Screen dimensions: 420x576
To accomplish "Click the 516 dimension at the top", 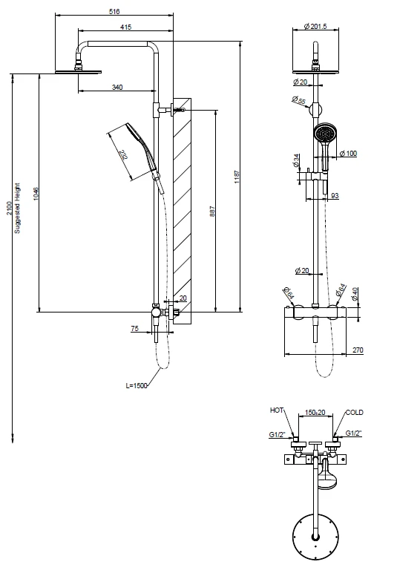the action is click(114, 11).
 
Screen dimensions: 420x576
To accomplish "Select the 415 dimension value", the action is click(125, 27).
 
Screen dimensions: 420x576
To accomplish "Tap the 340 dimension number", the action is click(117, 87).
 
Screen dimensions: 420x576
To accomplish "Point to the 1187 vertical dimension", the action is click(237, 177).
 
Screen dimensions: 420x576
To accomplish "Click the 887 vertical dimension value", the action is click(212, 211).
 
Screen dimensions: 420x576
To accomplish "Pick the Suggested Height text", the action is click(17, 209).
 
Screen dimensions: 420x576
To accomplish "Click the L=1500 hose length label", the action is click(137, 386).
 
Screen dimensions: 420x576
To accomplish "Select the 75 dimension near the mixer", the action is click(135, 328).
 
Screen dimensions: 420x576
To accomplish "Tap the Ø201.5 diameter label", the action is click(315, 27).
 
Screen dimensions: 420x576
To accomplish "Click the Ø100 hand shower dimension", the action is click(348, 154).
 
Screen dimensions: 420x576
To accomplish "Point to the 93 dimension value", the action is click(335, 196).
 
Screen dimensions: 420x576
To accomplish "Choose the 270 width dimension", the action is click(358, 350).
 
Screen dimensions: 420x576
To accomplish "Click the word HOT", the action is click(277, 410).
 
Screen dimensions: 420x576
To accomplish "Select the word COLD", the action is click(354, 413).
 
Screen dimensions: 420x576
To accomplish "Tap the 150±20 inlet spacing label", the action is click(315, 413).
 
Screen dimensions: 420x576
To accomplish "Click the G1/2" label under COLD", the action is click(354, 433).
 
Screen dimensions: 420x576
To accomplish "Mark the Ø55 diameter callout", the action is click(299, 100).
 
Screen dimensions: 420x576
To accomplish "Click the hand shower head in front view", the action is click(324, 132).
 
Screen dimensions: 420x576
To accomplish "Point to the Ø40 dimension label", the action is click(354, 294).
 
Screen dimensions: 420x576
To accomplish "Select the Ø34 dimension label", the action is click(296, 161).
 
